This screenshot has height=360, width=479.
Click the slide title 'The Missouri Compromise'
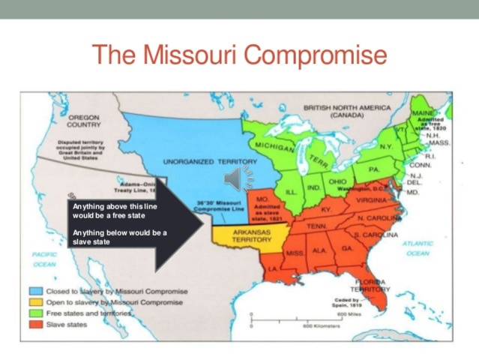239,55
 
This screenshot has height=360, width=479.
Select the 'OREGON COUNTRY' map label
83,121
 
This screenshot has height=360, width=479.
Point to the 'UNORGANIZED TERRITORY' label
209,160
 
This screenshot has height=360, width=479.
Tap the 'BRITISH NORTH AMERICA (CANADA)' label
347,112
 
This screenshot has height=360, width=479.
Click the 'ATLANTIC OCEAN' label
417,248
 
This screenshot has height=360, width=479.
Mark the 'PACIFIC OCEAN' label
45,259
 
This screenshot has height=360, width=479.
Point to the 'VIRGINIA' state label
371,200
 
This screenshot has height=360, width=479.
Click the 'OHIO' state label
337,181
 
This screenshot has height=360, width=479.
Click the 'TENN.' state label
315,225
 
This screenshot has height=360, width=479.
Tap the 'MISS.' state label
295,253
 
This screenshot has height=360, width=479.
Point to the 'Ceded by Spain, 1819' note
348,303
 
